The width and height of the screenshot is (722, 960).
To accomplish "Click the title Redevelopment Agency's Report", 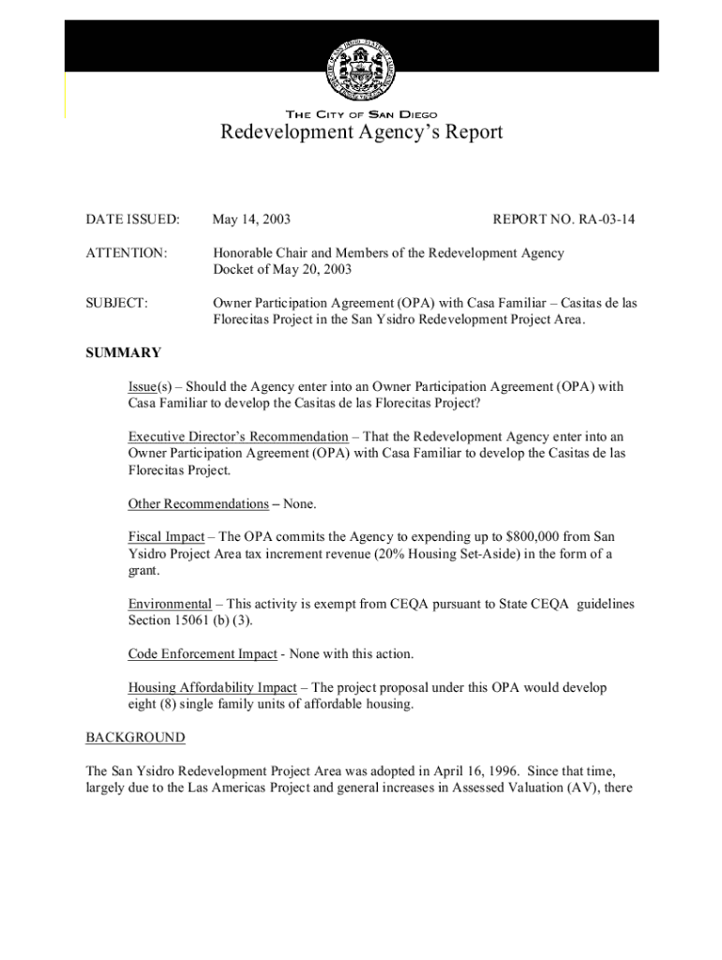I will click(361, 132).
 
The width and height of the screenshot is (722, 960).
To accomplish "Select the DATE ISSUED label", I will click(132, 219).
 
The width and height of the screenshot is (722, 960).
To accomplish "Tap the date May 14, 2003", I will click(251, 219).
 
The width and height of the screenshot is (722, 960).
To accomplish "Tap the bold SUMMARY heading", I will click(123, 353).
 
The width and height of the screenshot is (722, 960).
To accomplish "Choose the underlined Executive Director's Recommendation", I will click(237, 437).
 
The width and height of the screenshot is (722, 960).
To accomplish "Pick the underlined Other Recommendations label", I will click(198, 504).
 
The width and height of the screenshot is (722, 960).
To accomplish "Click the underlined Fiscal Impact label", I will click(166, 536).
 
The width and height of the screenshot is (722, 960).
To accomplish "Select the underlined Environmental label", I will click(170, 604).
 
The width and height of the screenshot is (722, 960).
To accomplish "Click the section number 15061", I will click(202, 621).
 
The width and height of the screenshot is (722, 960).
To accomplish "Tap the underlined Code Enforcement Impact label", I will click(203, 654).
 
